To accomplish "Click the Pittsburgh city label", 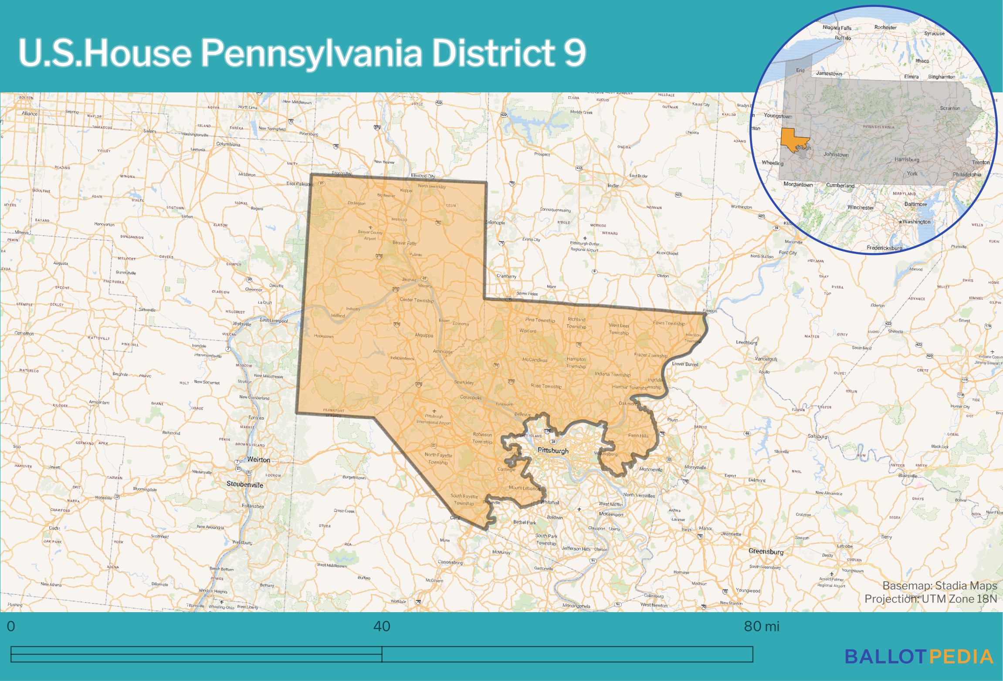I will click(553, 451).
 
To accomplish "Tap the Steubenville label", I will click(245, 484).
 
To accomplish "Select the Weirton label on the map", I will click(258, 460).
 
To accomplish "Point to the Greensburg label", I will click(766, 551).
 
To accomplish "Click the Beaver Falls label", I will click(404, 243).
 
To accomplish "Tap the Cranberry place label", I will click(506, 276).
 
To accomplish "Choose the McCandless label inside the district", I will click(535, 360).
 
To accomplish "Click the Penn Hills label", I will click(638, 436).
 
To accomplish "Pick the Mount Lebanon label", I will click(525, 488).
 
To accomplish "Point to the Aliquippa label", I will click(424, 335).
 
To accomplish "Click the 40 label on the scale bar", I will click(382, 626).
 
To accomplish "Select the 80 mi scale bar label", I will click(761, 626).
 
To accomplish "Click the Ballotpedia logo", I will click(919, 657).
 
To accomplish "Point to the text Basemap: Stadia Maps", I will click(939, 586).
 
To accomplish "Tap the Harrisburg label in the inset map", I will click(907, 159).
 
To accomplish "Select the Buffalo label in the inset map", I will click(843, 38).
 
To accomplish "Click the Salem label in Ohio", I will click(149, 131).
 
